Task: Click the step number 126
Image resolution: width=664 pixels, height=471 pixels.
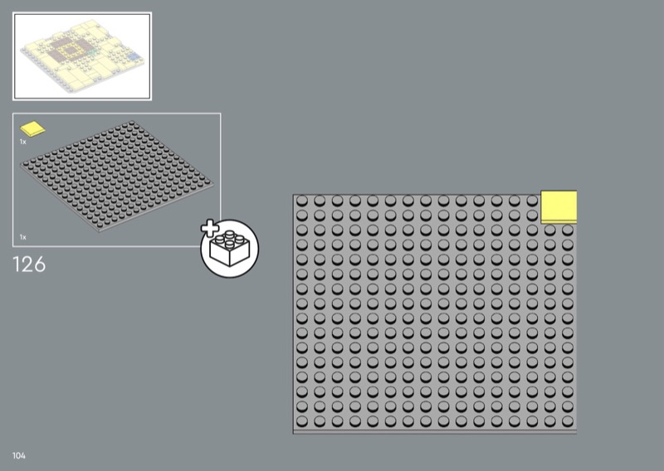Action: (x=29, y=265)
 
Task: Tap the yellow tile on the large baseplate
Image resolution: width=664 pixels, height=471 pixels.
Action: (x=559, y=206)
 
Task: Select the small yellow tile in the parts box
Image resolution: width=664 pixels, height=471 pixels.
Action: (x=33, y=129)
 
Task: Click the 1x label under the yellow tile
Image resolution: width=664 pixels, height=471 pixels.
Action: (x=23, y=142)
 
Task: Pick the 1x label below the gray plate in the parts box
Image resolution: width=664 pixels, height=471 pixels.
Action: (x=23, y=237)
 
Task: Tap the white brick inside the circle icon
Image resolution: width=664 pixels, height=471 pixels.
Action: (x=231, y=248)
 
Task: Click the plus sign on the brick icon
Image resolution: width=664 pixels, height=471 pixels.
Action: (x=211, y=229)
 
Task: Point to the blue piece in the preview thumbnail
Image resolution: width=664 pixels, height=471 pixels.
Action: (x=130, y=57)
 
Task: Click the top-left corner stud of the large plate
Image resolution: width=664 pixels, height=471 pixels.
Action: (x=302, y=202)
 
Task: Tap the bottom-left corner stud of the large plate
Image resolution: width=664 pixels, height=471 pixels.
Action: (x=302, y=420)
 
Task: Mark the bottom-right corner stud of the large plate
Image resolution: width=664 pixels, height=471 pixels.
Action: (x=567, y=420)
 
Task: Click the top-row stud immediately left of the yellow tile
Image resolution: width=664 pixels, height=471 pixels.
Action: (x=532, y=202)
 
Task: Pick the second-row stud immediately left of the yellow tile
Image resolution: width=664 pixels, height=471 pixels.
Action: (x=532, y=215)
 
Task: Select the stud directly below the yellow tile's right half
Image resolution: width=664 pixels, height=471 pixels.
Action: (x=567, y=230)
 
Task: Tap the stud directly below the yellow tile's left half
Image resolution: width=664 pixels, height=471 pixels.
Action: (x=549, y=230)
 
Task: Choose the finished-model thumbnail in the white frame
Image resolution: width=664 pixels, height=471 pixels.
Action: (x=81, y=56)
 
